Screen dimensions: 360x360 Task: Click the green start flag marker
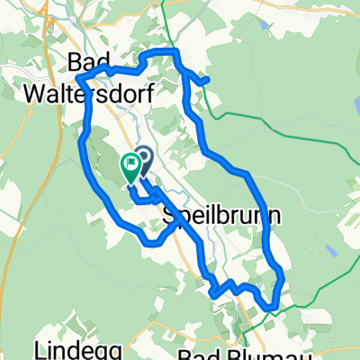tap(130, 166)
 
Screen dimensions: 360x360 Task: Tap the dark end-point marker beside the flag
tap(142, 157)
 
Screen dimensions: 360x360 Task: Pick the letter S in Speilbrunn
tap(170, 217)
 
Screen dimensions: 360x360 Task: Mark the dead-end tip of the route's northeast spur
tap(208, 81)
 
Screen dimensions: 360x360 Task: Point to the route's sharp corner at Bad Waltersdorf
tap(78, 76)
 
